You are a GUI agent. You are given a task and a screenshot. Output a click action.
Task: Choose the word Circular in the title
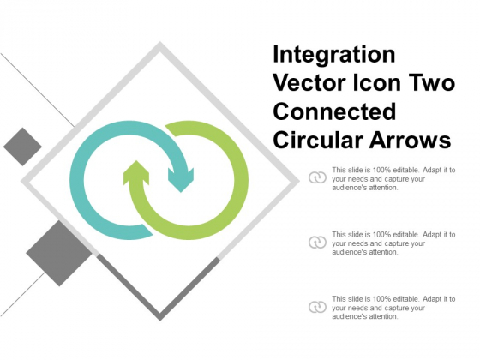click(x=315, y=140)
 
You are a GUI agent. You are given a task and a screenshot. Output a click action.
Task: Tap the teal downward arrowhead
click(x=181, y=179)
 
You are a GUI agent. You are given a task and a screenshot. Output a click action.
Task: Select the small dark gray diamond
click(x=22, y=146)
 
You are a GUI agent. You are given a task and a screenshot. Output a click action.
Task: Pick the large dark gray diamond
click(x=59, y=252)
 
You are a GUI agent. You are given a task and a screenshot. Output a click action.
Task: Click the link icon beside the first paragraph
click(x=315, y=177)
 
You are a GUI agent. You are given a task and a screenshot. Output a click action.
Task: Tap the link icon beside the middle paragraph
click(x=315, y=243)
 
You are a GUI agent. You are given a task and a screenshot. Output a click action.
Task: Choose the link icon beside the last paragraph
click(x=315, y=307)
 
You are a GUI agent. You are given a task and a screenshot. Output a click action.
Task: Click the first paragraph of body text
click(x=393, y=178)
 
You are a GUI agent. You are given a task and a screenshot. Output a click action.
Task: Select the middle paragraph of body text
click(x=393, y=243)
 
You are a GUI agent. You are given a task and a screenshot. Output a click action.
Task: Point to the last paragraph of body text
click(x=393, y=307)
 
